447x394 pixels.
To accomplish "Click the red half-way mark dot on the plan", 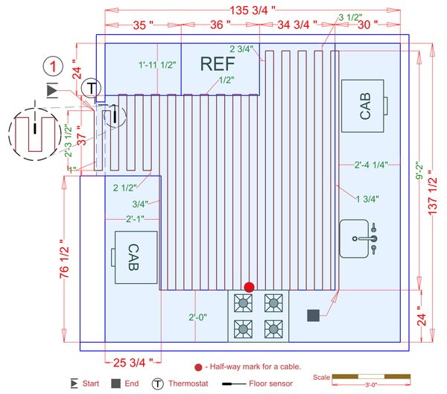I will coord(250,287).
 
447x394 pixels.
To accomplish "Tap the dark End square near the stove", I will coord(313,315).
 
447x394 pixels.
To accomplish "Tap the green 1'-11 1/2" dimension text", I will coord(156,66).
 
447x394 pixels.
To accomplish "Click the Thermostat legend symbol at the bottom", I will coord(158,384).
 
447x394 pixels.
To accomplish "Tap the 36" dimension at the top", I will coord(218,25).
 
